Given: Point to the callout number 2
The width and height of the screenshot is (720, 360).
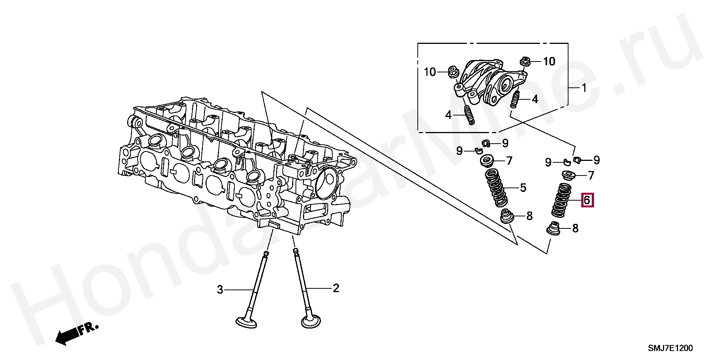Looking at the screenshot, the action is click(336, 288).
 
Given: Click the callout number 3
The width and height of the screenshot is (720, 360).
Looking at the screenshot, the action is click(220, 289).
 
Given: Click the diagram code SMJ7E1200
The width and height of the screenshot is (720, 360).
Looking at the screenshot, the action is click(670, 348).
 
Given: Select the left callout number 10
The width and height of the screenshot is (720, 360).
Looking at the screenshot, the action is click(430, 72).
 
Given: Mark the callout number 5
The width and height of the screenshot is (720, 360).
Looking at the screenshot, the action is click(523, 187).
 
